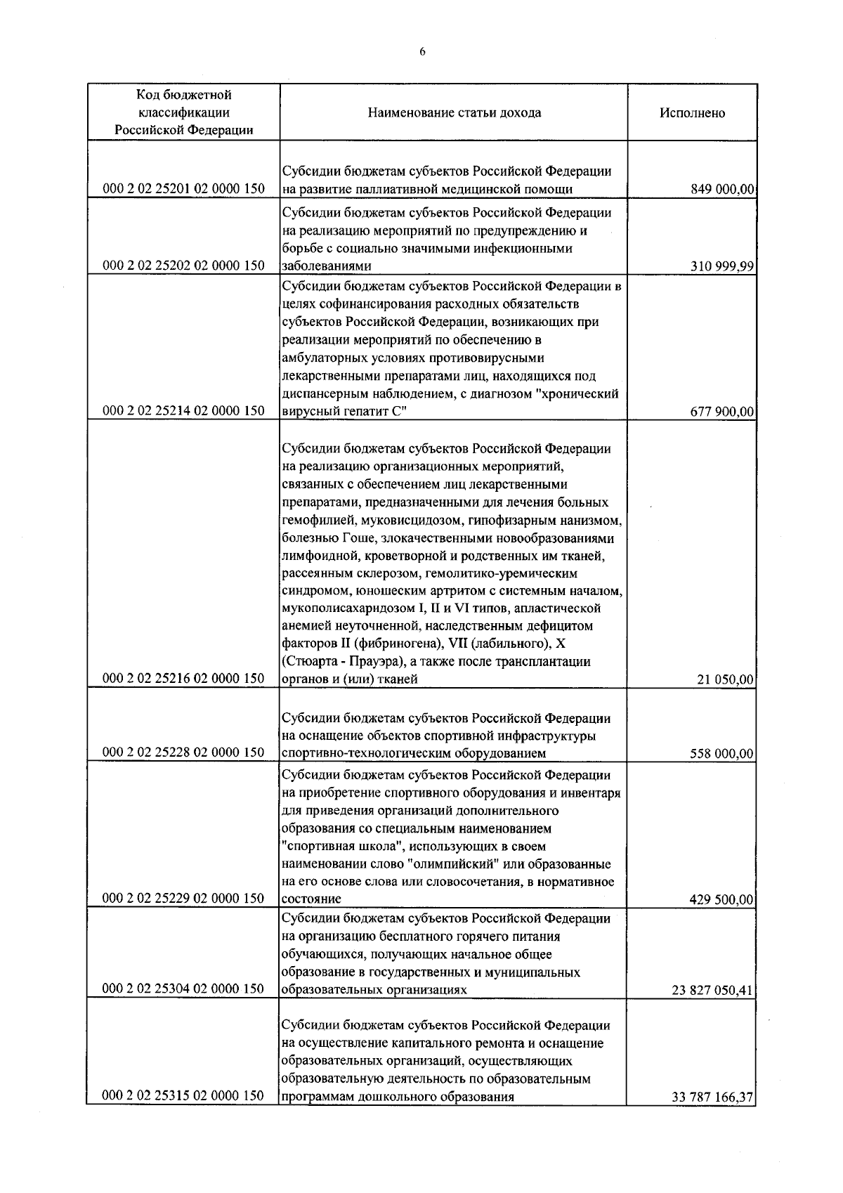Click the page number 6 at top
coord(422,51)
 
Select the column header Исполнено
coord(692,113)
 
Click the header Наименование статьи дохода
coord(454,113)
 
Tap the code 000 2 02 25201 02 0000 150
coord(183,189)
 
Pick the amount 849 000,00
coord(723,189)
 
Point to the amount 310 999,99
coord(723,266)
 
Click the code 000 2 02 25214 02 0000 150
coord(183,412)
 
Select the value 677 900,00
coord(723,412)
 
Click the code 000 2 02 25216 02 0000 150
coord(183,679)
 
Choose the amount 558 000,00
coord(723,754)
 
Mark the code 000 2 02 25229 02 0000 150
coord(183,899)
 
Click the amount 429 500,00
coord(723,899)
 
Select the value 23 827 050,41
coord(713,991)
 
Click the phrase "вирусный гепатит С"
coord(344,412)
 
